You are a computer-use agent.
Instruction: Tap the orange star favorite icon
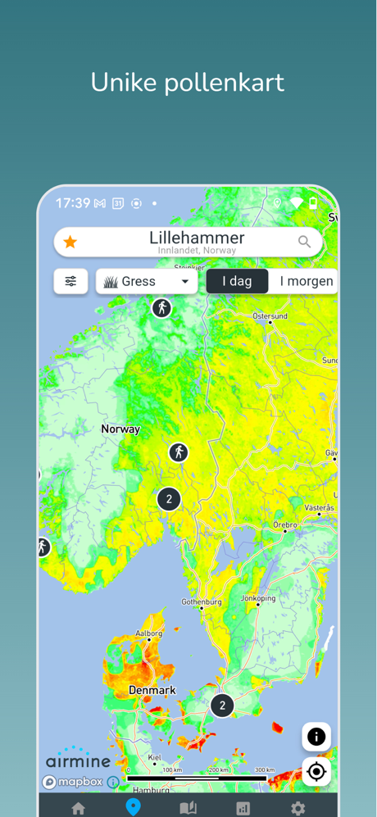point(70,242)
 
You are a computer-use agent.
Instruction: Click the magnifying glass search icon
point(304,242)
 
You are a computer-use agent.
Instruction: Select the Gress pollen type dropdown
point(147,281)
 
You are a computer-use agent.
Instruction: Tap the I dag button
point(237,281)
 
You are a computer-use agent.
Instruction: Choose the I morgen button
point(306,281)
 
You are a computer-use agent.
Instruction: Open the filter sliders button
point(70,281)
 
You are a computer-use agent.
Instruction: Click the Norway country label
point(120,429)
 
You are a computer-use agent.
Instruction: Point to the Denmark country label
point(152,690)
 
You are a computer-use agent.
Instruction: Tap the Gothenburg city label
point(201,601)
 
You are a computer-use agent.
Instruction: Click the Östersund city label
point(270,315)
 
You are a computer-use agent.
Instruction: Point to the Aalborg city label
point(148,633)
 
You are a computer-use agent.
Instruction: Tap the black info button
point(316,737)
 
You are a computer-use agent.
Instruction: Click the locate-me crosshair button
point(316,772)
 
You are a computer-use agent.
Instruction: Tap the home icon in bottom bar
point(79,808)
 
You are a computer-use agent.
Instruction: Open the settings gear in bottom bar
point(298,808)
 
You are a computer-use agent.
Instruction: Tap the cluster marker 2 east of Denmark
point(222,705)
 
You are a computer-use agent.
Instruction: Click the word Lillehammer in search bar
point(197,238)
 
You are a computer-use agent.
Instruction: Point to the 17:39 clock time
point(73,202)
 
